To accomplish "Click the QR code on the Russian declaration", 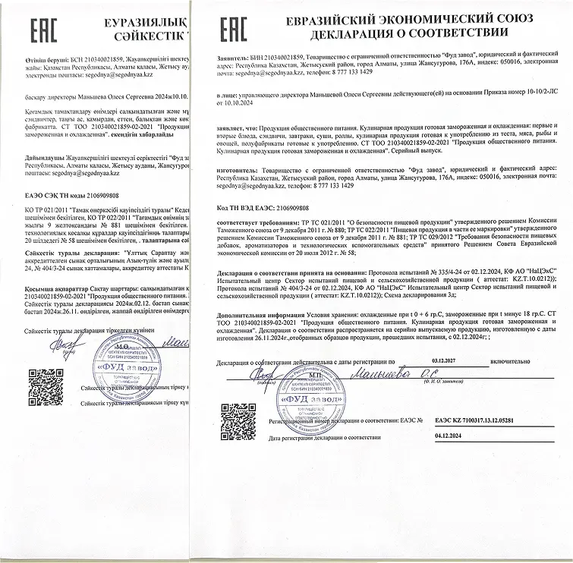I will (233, 419).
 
